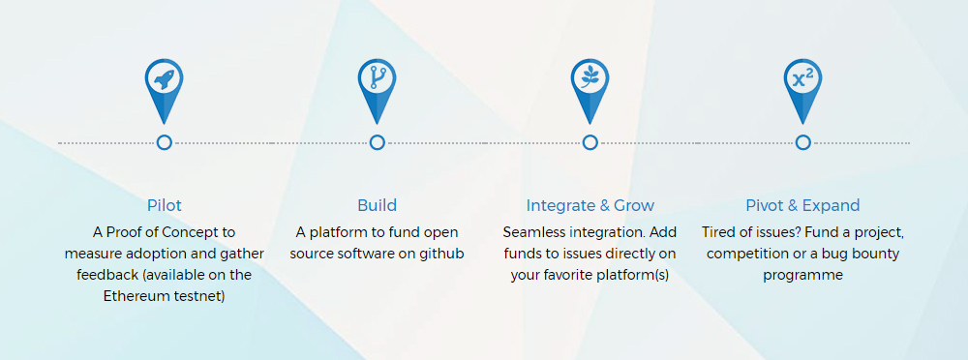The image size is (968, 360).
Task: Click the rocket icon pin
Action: [x=165, y=86]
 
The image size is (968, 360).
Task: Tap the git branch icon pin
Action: [x=378, y=86]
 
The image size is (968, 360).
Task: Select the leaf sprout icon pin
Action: [x=590, y=86]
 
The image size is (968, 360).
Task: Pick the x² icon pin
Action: [x=803, y=86]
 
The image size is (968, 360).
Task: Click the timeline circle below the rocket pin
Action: [x=165, y=142]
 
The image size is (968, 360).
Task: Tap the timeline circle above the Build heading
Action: [x=378, y=142]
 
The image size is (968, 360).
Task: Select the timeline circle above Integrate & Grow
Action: [x=590, y=142]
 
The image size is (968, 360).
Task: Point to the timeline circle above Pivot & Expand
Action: [x=803, y=142]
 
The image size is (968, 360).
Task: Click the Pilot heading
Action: [x=165, y=205]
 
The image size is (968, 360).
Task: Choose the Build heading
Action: [x=378, y=205]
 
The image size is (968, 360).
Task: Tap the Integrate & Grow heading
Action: [x=590, y=205]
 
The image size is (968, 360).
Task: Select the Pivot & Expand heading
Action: [x=802, y=205]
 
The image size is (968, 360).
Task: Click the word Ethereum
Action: [x=134, y=296]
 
